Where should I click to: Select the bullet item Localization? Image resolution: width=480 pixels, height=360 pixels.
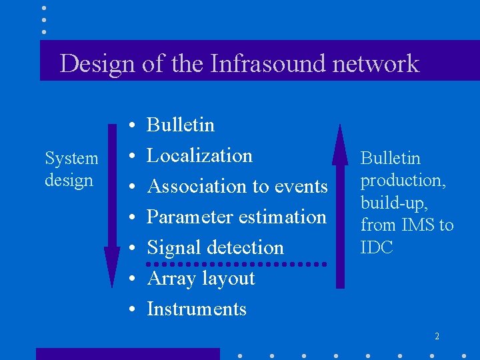(199, 155)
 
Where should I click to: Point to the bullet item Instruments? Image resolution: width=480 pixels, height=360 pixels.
(197, 309)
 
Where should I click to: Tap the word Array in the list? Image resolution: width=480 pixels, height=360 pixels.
(167, 278)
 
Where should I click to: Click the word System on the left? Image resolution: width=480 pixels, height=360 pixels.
(71, 159)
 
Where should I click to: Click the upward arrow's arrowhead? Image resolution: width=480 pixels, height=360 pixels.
(340, 143)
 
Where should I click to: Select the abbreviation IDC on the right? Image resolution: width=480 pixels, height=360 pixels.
(377, 247)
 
